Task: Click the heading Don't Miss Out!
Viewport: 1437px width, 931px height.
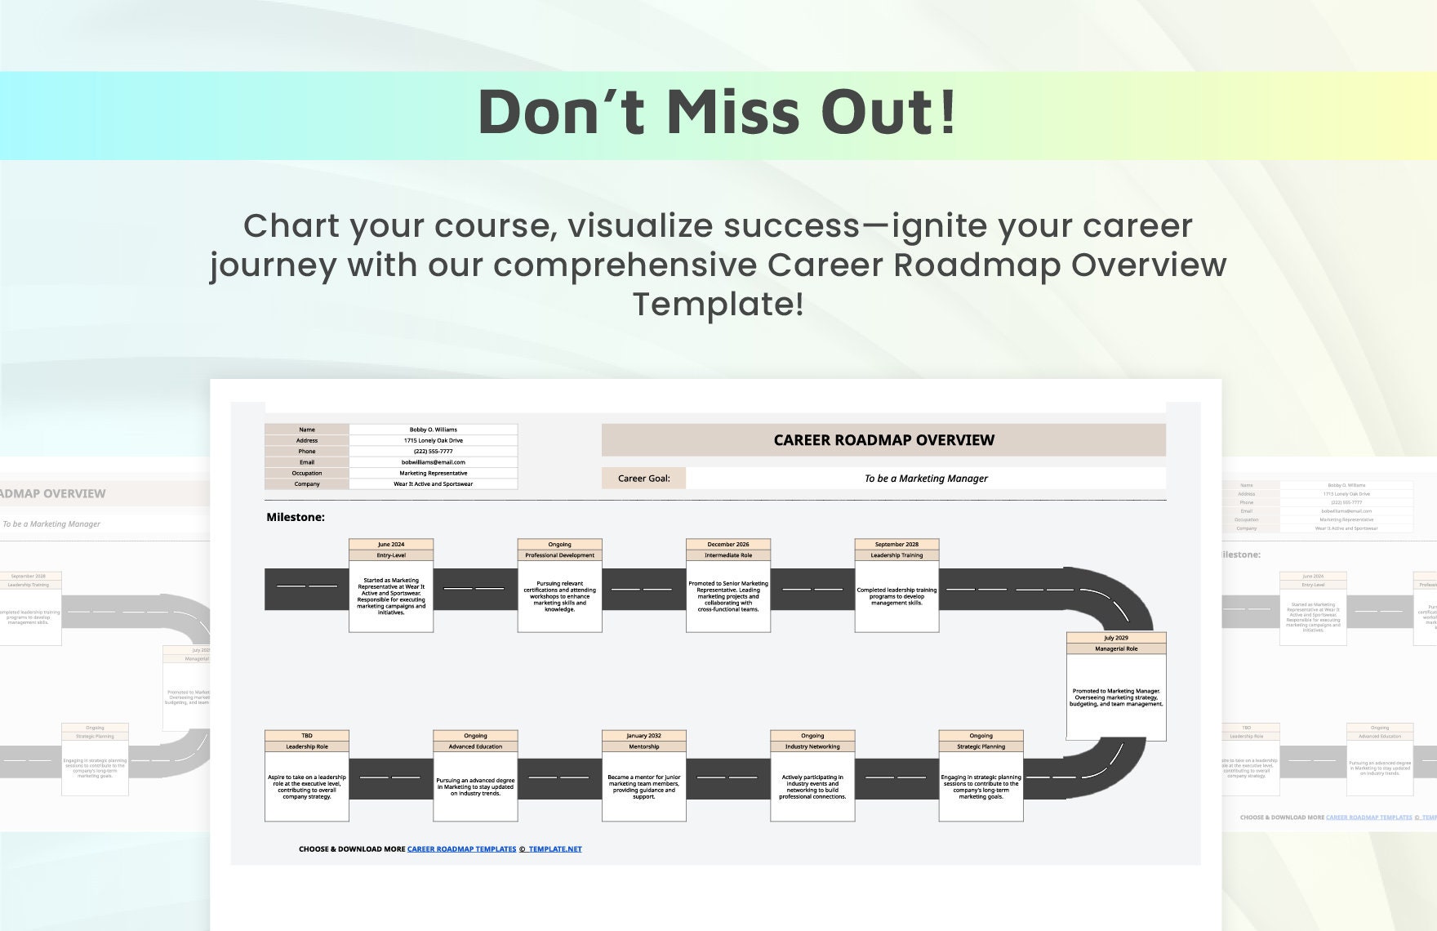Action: click(717, 112)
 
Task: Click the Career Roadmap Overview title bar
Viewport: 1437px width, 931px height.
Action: click(883, 440)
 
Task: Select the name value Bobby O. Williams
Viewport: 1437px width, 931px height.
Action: click(433, 430)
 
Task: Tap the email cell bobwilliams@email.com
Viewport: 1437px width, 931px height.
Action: click(433, 462)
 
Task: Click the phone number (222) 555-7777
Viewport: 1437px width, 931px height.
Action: click(433, 452)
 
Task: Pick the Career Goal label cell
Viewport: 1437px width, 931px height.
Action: click(643, 479)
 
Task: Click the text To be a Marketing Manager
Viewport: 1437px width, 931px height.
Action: click(925, 479)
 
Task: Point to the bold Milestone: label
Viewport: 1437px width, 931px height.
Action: click(296, 517)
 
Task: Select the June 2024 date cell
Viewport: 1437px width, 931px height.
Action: click(391, 545)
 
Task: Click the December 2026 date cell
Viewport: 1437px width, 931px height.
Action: click(728, 545)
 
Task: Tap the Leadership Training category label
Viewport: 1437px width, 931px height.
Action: click(896, 555)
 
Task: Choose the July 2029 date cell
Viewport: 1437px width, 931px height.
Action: click(1115, 638)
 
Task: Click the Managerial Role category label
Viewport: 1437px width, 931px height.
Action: click(1115, 649)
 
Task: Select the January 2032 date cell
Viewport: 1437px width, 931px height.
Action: click(643, 736)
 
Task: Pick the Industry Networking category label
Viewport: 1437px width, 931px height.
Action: click(812, 746)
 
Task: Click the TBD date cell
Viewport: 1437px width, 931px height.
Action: click(307, 736)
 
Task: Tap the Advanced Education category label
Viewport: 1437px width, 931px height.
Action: click(475, 746)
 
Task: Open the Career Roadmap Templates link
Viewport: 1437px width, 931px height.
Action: click(461, 849)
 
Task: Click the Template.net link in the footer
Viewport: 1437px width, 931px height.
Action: click(554, 849)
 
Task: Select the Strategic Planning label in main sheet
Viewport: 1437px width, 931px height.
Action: click(981, 746)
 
